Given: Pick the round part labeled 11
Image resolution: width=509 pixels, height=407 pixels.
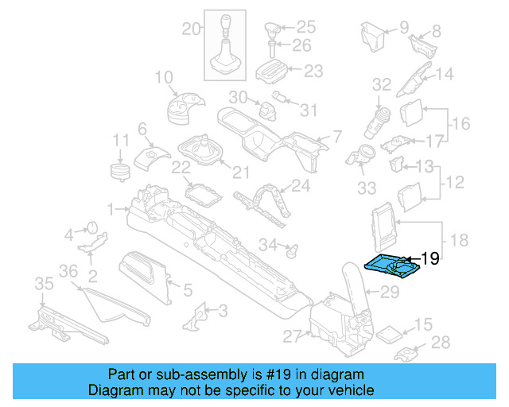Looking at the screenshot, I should tap(119, 172).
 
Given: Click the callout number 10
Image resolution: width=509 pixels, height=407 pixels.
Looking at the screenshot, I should tap(164, 77).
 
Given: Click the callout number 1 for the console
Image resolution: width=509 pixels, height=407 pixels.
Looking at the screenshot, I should tap(111, 209).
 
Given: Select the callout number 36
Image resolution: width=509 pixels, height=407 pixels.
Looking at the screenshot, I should tap(69, 271).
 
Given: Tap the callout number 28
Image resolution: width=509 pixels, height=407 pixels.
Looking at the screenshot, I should tap(440, 343).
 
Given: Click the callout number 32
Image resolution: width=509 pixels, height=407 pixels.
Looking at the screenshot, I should tap(382, 83).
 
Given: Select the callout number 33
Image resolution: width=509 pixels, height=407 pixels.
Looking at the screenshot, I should tap(366, 188).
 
